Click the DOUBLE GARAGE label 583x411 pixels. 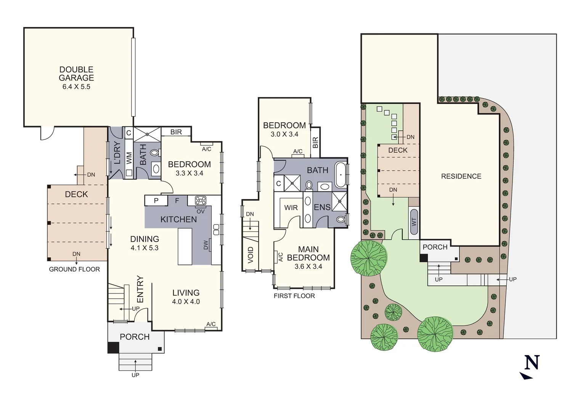pyautogui.click(x=76, y=73)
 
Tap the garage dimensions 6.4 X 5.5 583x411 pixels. pyautogui.click(x=76, y=87)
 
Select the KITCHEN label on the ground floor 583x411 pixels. pyautogui.click(x=178, y=220)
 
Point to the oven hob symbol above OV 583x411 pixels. pyautogui.click(x=201, y=201)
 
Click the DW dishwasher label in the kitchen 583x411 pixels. pyautogui.click(x=206, y=245)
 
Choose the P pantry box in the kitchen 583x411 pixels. pyautogui.click(x=156, y=201)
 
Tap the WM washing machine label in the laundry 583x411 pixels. pyautogui.click(x=129, y=158)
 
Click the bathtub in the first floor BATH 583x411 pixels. pyautogui.click(x=340, y=174)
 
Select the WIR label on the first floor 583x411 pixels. pyautogui.click(x=291, y=208)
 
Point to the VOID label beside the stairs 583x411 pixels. pyautogui.click(x=251, y=255)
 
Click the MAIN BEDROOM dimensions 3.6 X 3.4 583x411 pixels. pyautogui.click(x=308, y=267)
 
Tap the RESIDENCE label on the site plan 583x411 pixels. pyautogui.click(x=461, y=176)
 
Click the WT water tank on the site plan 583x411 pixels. pyautogui.click(x=414, y=222)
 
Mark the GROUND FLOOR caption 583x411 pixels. pyautogui.click(x=74, y=269)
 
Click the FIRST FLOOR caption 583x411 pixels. pyautogui.click(x=294, y=296)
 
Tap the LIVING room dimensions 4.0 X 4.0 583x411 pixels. pyautogui.click(x=186, y=302)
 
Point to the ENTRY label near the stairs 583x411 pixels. pyautogui.click(x=140, y=289)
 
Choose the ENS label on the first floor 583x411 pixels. pyautogui.click(x=322, y=207)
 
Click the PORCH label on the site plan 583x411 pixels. pyautogui.click(x=435, y=247)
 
